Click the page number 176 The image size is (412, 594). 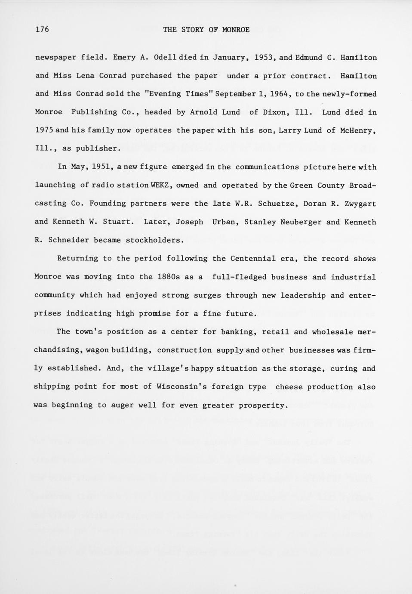42,29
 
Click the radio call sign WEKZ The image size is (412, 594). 162,186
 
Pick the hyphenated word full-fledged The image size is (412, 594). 239,277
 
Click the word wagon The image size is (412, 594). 97,350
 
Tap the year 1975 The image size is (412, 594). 43,130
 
